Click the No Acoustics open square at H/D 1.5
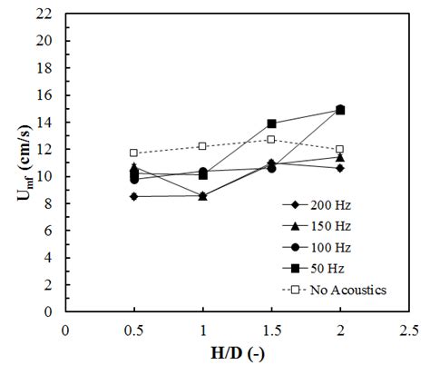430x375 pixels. (x=270, y=140)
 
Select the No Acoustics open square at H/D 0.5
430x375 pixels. (x=133, y=153)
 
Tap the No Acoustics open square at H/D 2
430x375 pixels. (x=339, y=149)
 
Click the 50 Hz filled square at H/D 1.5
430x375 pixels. (x=270, y=123)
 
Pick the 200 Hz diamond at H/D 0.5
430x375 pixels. (x=133, y=196)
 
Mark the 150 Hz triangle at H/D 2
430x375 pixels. (x=339, y=157)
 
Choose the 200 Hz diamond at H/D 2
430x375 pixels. (x=339, y=168)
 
